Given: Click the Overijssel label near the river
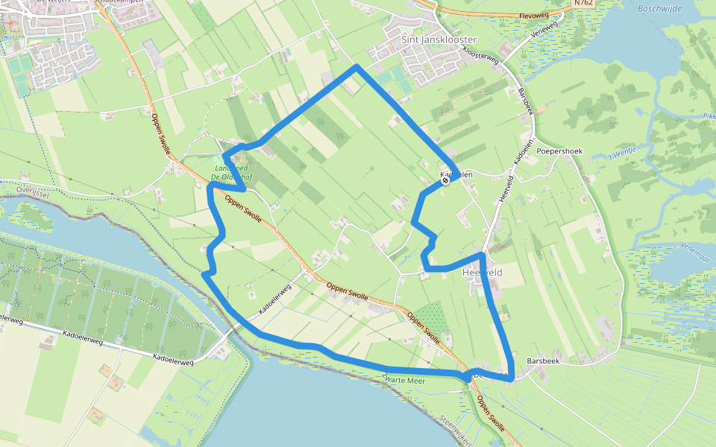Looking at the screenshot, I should [x=22, y=188].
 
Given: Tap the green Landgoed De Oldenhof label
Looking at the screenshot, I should [x=238, y=171].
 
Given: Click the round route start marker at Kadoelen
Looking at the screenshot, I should [x=445, y=180].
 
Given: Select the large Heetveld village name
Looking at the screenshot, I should [x=483, y=273].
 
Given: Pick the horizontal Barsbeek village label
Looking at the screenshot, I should [x=542, y=359].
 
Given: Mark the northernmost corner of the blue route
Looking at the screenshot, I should [x=357, y=67].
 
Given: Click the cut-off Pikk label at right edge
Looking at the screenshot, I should [x=708, y=116].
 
